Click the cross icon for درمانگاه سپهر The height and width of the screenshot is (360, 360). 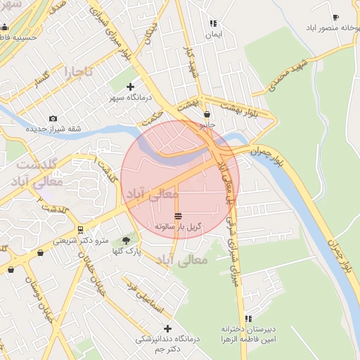coord(130,86)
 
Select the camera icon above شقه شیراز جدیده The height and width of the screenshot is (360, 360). coord(53,118)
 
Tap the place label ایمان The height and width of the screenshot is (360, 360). coord(213,34)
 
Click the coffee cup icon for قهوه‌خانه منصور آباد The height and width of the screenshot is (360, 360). coord(335,17)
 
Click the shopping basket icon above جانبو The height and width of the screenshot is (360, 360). coord(207,114)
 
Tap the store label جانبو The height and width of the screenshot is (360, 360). coord(207,125)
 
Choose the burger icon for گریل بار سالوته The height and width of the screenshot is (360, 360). coord(179,215)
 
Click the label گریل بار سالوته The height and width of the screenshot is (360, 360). coord(179,227)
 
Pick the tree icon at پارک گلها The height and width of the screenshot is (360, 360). coord(127,240)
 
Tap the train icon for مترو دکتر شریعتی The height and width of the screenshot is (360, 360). coord(81,229)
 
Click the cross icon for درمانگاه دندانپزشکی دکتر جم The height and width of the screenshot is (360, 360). coord(167,328)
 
